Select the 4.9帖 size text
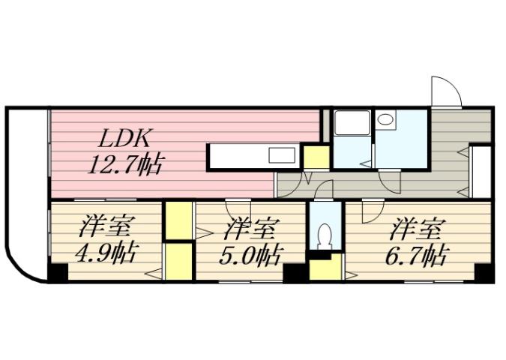(106, 253)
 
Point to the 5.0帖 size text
(250, 256)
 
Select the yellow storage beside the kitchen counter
(316, 157)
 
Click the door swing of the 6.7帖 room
(369, 211)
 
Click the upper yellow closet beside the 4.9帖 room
(178, 220)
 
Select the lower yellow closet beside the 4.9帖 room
(178, 261)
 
